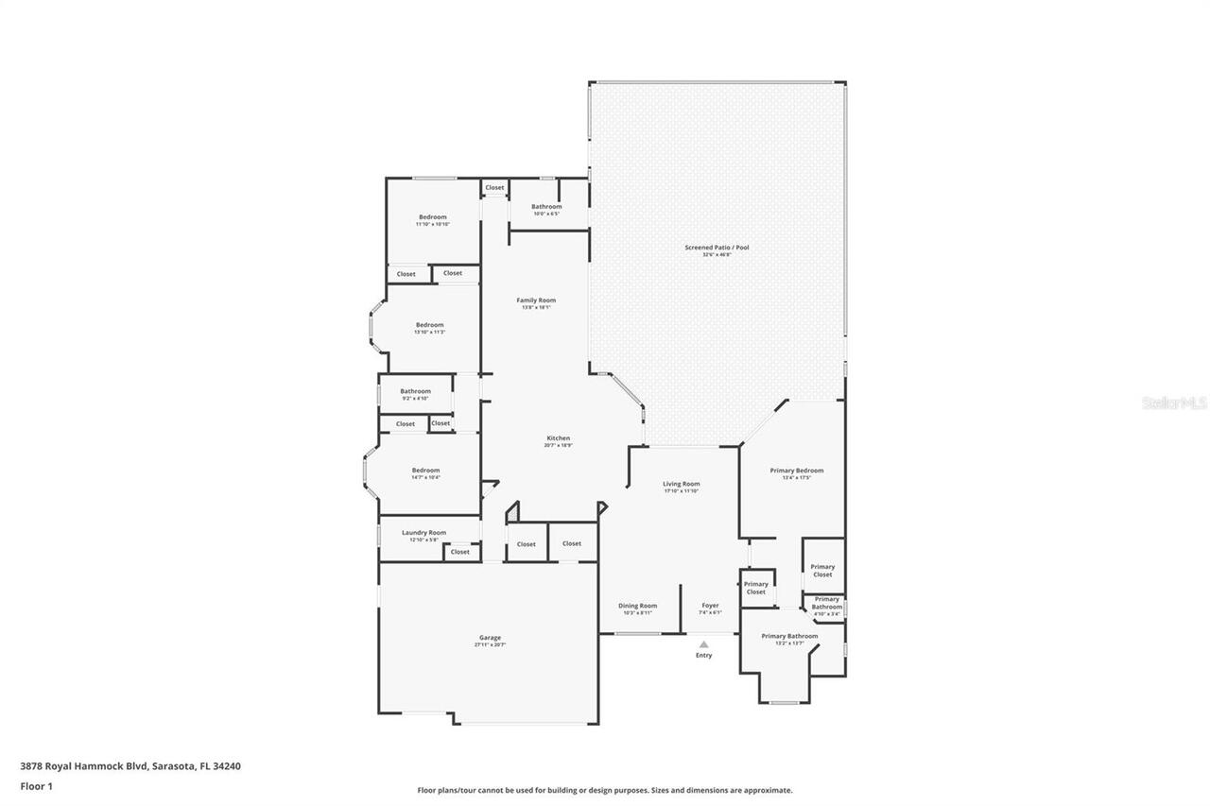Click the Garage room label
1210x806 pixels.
tap(490, 638)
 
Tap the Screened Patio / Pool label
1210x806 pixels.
tap(717, 249)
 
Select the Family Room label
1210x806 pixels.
tap(536, 301)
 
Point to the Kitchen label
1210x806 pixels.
tap(559, 438)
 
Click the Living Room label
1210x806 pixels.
tap(681, 485)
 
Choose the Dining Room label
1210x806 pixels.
tap(637, 607)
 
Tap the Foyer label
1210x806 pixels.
tap(710, 607)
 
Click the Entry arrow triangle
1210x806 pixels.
tap(703, 644)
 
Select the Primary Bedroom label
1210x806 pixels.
tap(796, 472)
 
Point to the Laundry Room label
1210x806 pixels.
tap(423, 533)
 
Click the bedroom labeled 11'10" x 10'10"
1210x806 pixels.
tap(433, 218)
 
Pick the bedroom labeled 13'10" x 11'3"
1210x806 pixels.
tap(429, 326)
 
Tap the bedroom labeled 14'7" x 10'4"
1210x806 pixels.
tap(425, 472)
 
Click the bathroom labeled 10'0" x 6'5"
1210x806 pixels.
tap(546, 208)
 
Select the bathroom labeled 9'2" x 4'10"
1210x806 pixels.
tap(415, 392)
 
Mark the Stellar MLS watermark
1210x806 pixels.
tap(1175, 403)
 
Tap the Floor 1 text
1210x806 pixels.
tap(36, 786)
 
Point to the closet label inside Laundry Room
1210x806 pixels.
tap(460, 552)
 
